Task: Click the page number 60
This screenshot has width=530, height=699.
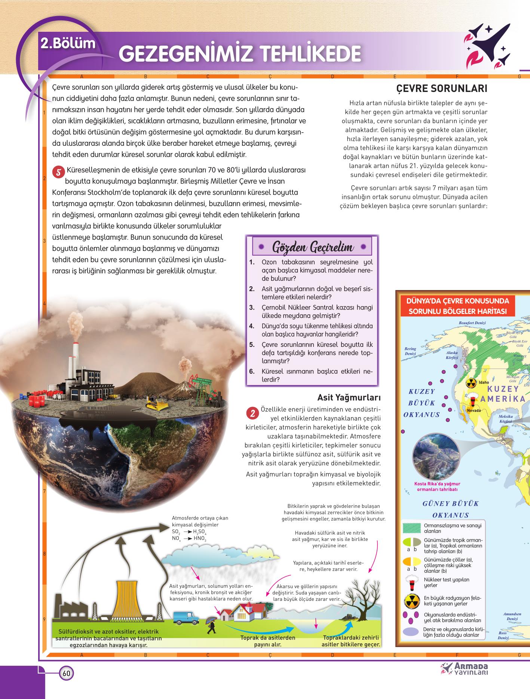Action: point(66,674)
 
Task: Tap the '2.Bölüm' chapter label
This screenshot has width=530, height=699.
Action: point(68,43)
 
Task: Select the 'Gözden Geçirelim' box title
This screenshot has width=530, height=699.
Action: point(312,247)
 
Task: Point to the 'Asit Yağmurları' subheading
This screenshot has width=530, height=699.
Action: point(349,397)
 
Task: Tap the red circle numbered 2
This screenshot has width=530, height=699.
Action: point(252,414)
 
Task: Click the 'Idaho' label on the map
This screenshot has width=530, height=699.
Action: point(484,382)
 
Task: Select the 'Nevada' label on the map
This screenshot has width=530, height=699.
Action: point(474,410)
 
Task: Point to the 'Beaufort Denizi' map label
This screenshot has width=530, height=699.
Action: point(472,322)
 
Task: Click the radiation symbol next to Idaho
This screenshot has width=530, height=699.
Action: point(471,383)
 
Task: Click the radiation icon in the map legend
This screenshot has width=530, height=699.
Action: point(412,601)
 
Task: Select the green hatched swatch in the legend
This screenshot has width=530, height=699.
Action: point(412,528)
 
